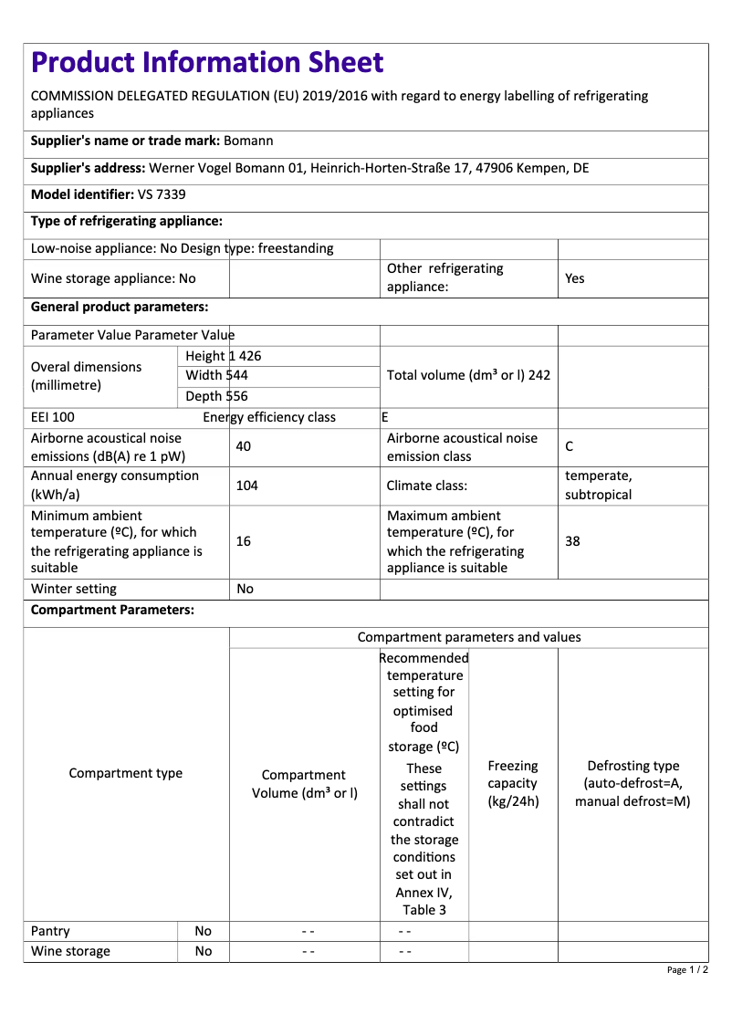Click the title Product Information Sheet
(207, 63)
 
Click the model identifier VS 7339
(162, 194)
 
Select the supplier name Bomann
(248, 141)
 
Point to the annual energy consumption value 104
(246, 486)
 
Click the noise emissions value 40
(243, 446)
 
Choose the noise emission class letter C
(570, 446)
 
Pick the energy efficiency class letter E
(385, 417)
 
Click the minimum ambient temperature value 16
(243, 541)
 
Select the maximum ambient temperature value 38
(572, 541)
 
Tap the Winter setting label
(74, 589)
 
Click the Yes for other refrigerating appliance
(575, 278)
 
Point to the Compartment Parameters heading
(112, 611)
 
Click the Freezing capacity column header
(513, 784)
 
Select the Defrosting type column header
(633, 784)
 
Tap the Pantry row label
(50, 931)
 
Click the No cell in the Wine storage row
(203, 951)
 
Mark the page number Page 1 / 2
(687, 969)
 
